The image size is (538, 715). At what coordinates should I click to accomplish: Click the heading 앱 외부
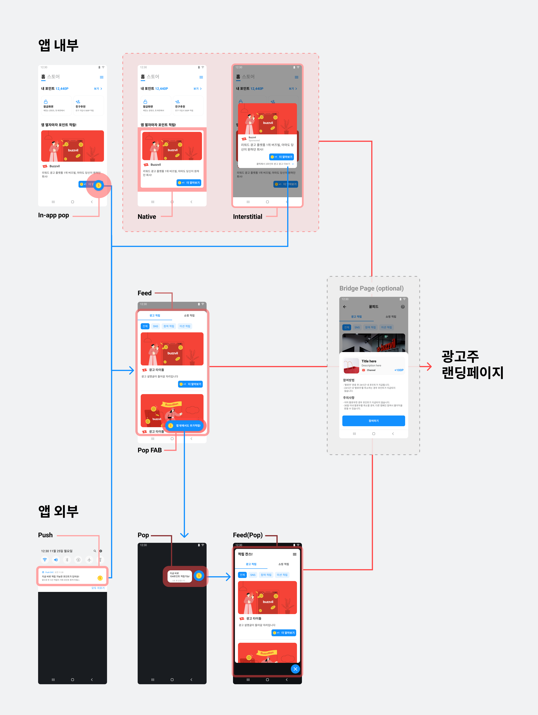pos(58,511)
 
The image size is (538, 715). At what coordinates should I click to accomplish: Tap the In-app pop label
pos(53,215)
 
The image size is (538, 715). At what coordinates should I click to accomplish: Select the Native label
pos(147,217)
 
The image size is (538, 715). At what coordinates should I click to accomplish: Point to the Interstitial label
pos(247,217)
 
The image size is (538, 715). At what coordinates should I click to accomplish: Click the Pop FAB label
pos(150,450)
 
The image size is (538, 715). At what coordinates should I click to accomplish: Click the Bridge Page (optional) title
pos(371,288)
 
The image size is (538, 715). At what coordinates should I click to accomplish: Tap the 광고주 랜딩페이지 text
pos(472,365)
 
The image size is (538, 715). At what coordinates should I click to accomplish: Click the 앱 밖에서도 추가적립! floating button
pos(185,425)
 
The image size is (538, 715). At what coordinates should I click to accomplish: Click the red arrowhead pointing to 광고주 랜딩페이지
pos(429,367)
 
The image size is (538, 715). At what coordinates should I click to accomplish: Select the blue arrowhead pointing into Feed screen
pos(131,370)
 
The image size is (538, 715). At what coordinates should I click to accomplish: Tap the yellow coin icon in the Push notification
pos(100,578)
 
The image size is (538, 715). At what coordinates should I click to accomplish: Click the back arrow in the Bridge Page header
pos(345,307)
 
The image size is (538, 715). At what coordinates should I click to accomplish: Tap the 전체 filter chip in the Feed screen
pos(145,326)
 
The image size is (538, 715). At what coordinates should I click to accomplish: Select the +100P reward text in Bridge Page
pos(399,370)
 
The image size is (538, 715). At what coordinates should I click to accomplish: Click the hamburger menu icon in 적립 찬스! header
pos(295,554)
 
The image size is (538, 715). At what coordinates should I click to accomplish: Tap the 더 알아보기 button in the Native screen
pos(189,183)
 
